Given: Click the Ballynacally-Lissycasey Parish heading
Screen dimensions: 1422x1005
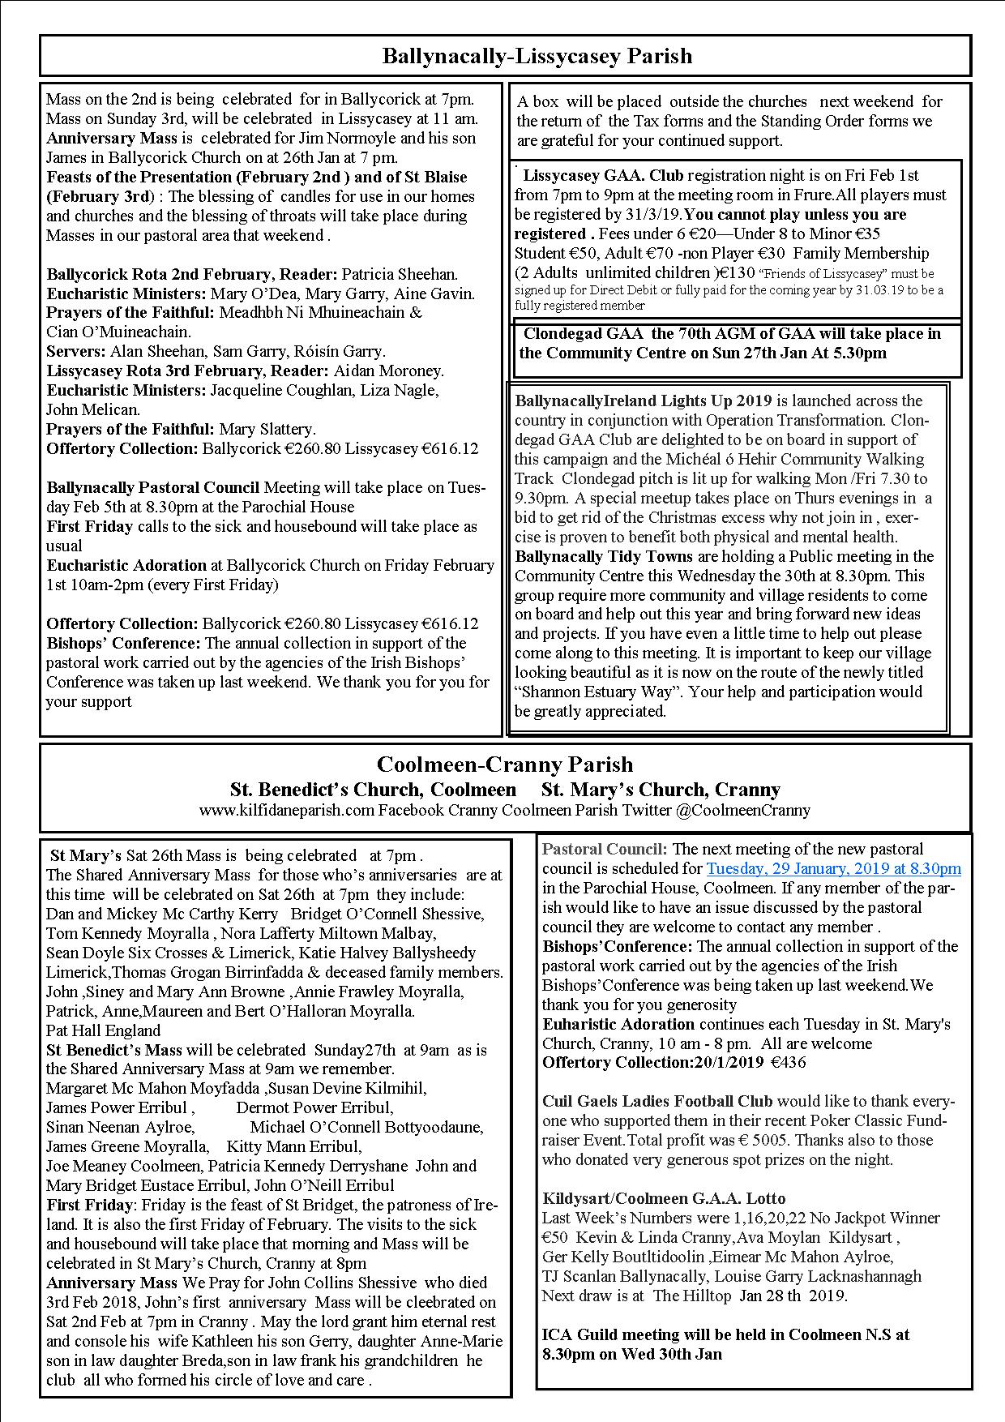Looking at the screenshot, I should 537,56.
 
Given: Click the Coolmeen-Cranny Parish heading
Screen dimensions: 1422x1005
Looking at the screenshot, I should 504,765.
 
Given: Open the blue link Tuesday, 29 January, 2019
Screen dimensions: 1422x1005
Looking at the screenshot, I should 833,868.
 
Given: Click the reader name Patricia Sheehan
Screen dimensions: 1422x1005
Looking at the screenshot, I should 400,274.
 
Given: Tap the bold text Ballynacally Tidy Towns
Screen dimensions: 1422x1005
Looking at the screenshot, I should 604,556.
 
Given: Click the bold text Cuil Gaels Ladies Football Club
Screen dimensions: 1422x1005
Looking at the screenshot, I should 657,1101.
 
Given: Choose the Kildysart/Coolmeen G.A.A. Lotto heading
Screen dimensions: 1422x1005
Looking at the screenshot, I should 664,1198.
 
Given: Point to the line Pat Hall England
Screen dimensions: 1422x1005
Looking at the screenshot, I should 103,1030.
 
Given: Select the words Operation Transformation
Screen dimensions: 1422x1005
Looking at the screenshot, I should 796,420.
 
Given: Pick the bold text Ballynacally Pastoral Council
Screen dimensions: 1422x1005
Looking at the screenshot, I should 153,487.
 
